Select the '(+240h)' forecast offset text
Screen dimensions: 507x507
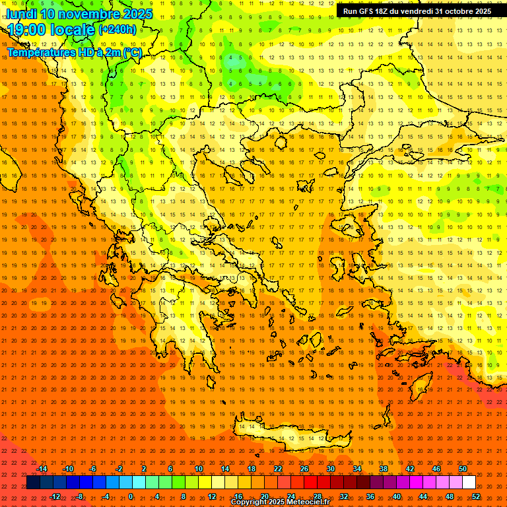click(x=118, y=29)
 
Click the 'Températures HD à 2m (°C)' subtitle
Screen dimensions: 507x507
click(x=74, y=52)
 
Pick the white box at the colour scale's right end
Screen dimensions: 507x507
click(x=469, y=483)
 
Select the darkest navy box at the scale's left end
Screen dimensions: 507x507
click(x=33, y=483)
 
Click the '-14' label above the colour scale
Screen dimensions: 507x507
click(x=42, y=469)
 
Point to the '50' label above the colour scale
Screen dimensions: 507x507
click(x=463, y=469)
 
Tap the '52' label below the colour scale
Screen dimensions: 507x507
click(x=476, y=496)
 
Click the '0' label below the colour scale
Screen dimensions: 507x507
click(x=131, y=496)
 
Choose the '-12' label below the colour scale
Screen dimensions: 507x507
click(x=55, y=496)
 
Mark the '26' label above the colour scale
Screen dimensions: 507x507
click(x=304, y=469)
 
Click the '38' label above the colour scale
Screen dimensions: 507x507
click(x=384, y=469)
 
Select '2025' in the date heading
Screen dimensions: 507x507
click(x=137, y=14)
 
